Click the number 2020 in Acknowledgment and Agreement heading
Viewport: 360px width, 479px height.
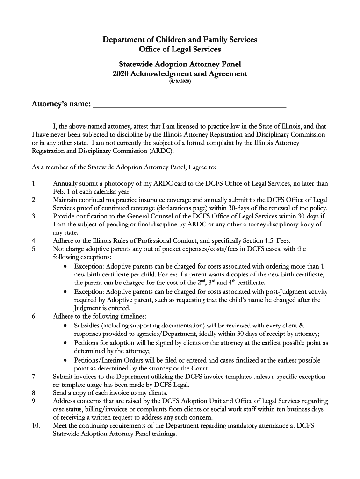click(x=122, y=73)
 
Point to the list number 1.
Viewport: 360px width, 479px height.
click(x=34, y=183)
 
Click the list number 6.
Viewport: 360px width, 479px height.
click(x=34, y=316)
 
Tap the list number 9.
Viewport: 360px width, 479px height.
click(x=34, y=401)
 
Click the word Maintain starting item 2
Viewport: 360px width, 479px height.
click(x=67, y=200)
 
